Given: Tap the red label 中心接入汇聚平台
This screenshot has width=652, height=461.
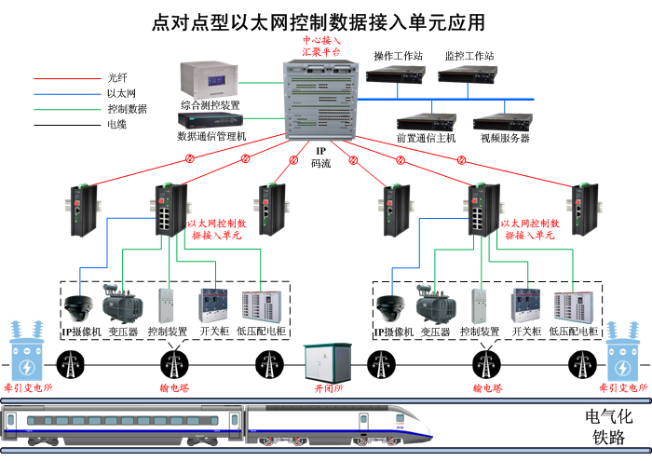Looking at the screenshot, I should click(321, 47).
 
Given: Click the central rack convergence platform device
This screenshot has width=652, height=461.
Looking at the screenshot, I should click(321, 98).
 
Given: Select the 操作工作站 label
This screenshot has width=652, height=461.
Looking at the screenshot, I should click(398, 56).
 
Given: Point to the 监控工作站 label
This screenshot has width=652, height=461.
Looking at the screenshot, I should click(469, 56).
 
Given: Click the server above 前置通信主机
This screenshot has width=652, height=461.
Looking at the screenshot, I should click(427, 121).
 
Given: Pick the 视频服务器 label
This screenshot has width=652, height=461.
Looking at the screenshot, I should click(505, 139).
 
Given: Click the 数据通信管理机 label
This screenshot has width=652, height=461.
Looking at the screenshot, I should click(211, 137).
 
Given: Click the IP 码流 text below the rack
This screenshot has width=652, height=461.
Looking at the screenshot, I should click(319, 156).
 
